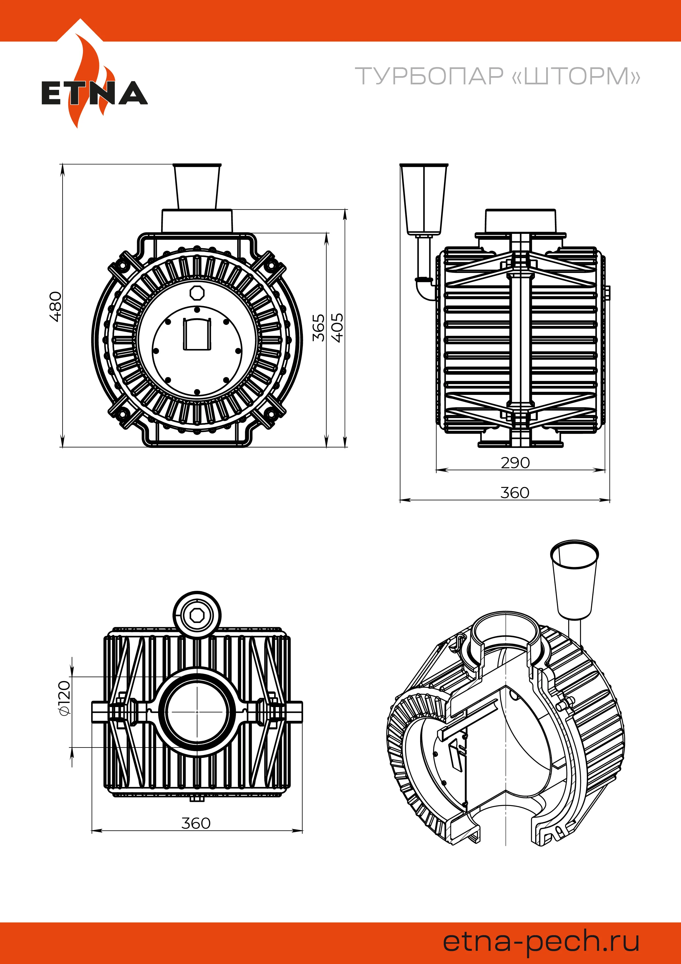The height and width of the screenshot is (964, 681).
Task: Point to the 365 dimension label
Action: pyautogui.click(x=319, y=328)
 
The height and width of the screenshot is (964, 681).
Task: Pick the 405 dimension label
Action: pyautogui.click(x=337, y=328)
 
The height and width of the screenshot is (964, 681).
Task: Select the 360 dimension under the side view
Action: pyautogui.click(x=515, y=492)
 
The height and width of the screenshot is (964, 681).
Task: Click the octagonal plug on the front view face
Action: pyautogui.click(x=196, y=293)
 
